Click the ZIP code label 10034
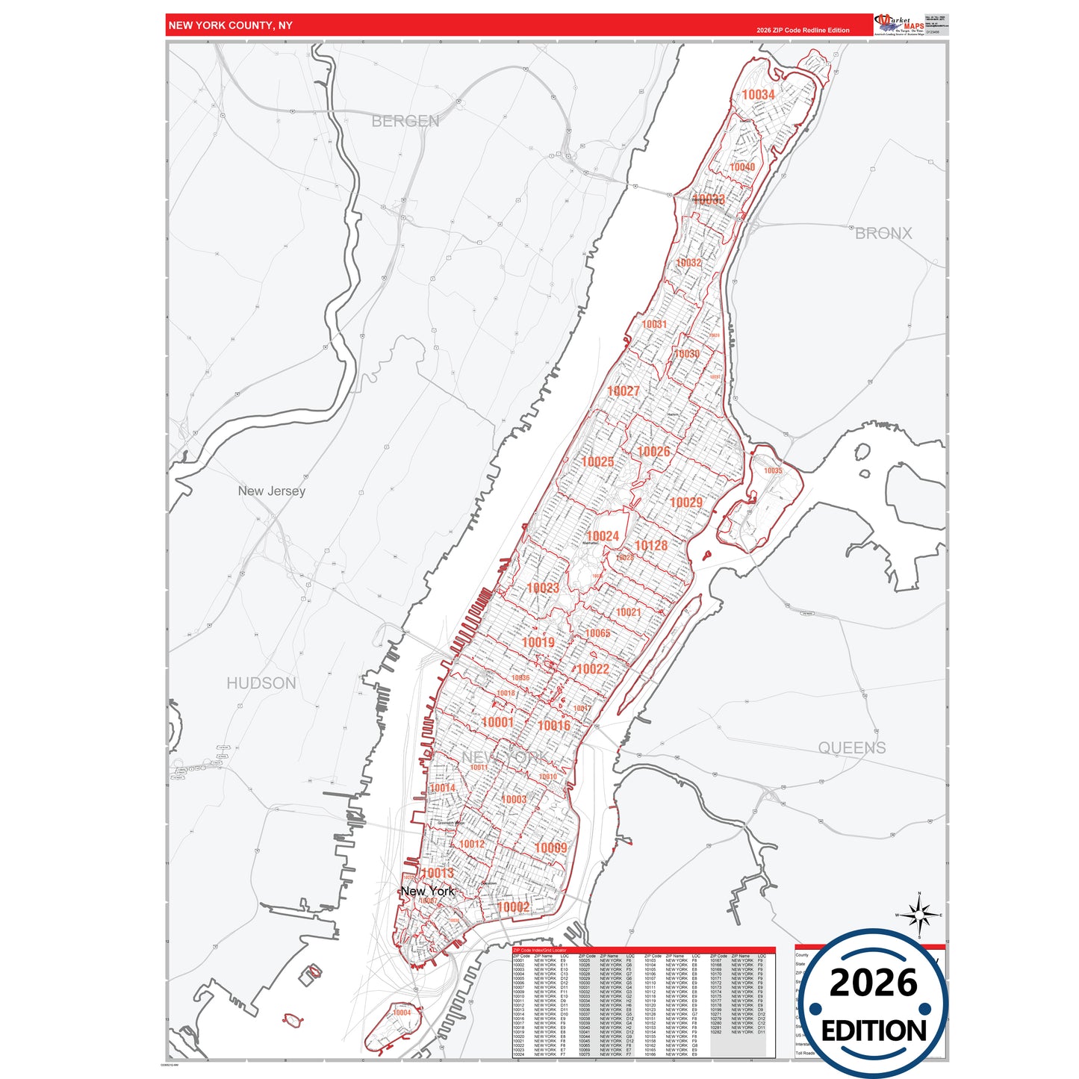coord(758,95)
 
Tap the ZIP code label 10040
coord(742,167)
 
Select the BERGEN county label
coord(405,121)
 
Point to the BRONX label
coord(883,234)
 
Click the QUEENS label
coord(852,748)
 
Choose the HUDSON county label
coord(261,683)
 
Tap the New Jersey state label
coord(271,491)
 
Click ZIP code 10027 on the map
coord(624,391)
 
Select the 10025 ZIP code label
coord(597,462)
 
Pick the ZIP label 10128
coord(651,546)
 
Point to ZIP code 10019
coord(538,643)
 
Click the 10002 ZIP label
coord(513,907)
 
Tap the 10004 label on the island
coord(402,1013)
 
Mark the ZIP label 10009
coord(551,848)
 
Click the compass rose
coord(919,915)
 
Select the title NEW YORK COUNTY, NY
coord(230,25)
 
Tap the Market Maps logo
coord(901,25)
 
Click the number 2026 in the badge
coord(873,983)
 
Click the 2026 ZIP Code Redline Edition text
coord(803,31)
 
